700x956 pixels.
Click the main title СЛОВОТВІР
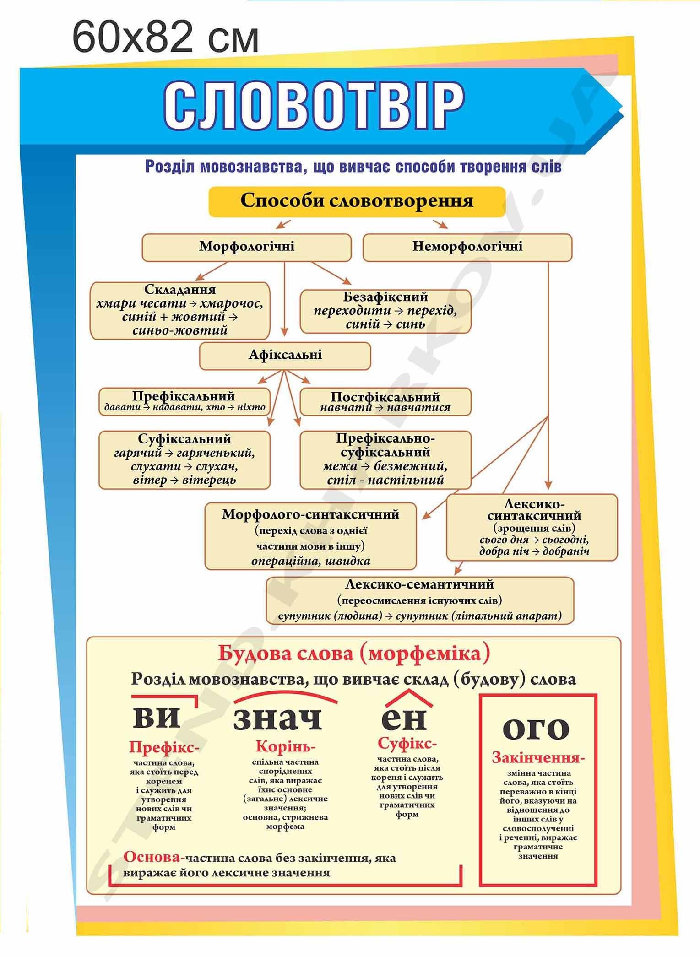pos(314,106)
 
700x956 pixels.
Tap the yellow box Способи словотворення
pos(357,201)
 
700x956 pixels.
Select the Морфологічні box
pos(247,247)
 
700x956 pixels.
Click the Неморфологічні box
pos(467,247)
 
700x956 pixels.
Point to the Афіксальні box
pos(285,356)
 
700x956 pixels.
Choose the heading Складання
pos(180,290)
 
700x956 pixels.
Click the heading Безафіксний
pos(385,297)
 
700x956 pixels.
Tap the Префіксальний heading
pos(184,396)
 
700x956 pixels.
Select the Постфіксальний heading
pos(385,396)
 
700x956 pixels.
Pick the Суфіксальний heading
pos(184,439)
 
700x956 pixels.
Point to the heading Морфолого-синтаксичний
pos(310,514)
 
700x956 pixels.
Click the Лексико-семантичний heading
pos(420,584)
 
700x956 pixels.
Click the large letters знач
pos(278,718)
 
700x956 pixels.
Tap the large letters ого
pos(536,729)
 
